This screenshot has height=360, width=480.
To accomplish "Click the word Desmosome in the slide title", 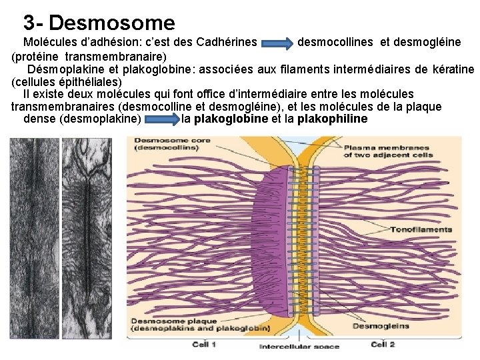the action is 112,23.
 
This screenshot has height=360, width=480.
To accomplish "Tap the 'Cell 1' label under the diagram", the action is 204,344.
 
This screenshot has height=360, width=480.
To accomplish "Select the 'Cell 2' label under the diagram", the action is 383,344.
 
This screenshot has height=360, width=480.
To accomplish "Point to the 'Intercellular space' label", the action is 299,346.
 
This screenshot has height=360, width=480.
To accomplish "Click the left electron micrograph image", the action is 34,240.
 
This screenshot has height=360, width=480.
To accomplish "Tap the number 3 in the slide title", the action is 29,23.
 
